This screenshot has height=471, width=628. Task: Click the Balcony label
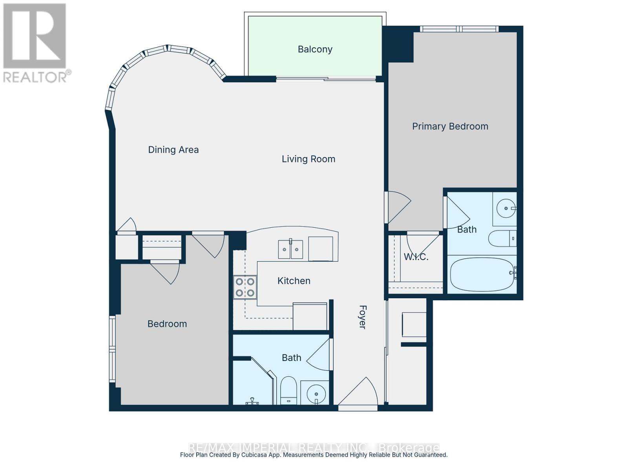click(315, 49)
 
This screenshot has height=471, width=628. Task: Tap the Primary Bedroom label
click(450, 126)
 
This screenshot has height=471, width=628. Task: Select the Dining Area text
click(173, 150)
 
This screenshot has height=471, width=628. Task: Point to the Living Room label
click(309, 159)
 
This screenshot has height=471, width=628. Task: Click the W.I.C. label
click(416, 257)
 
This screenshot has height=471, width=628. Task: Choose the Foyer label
click(362, 317)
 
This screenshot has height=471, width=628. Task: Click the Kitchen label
click(294, 281)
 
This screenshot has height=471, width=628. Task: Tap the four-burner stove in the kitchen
click(245, 287)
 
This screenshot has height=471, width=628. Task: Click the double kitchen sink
click(290, 249)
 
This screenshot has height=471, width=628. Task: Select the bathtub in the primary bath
click(482, 274)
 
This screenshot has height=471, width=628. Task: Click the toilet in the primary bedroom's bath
click(502, 238)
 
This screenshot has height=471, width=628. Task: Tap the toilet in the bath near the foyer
click(289, 389)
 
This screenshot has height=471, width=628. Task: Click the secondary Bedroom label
click(167, 324)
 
